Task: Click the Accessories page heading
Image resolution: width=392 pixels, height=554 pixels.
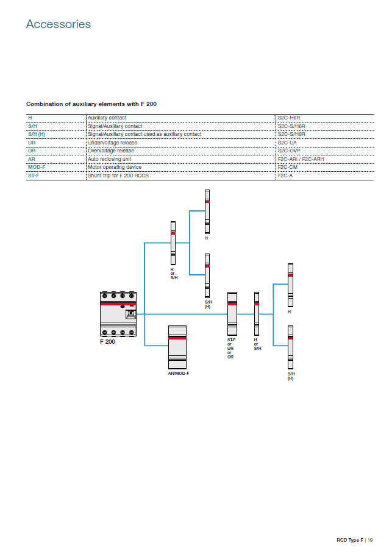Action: tap(58, 24)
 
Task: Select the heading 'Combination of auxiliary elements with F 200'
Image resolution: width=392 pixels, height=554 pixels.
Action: tap(91, 104)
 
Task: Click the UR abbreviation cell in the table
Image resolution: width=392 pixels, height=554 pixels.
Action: tap(32, 143)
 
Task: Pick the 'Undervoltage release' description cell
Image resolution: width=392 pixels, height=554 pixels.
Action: tap(113, 143)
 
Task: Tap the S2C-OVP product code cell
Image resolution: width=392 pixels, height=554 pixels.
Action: tap(288, 151)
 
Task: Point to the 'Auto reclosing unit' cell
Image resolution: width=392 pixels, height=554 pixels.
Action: tap(110, 159)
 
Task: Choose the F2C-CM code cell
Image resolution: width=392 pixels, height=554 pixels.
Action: tap(287, 167)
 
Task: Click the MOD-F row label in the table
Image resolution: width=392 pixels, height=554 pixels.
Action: tap(37, 167)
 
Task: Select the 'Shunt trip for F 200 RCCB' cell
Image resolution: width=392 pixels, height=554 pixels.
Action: tap(118, 176)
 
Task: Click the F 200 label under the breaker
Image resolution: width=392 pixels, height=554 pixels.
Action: tap(107, 342)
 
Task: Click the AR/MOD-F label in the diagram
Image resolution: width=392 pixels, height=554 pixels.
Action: tap(179, 372)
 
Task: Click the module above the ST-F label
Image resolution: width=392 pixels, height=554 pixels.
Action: tap(232, 313)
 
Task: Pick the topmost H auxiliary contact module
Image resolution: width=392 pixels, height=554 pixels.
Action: tap(207, 211)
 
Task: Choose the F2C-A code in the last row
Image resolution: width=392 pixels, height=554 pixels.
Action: tap(285, 176)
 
